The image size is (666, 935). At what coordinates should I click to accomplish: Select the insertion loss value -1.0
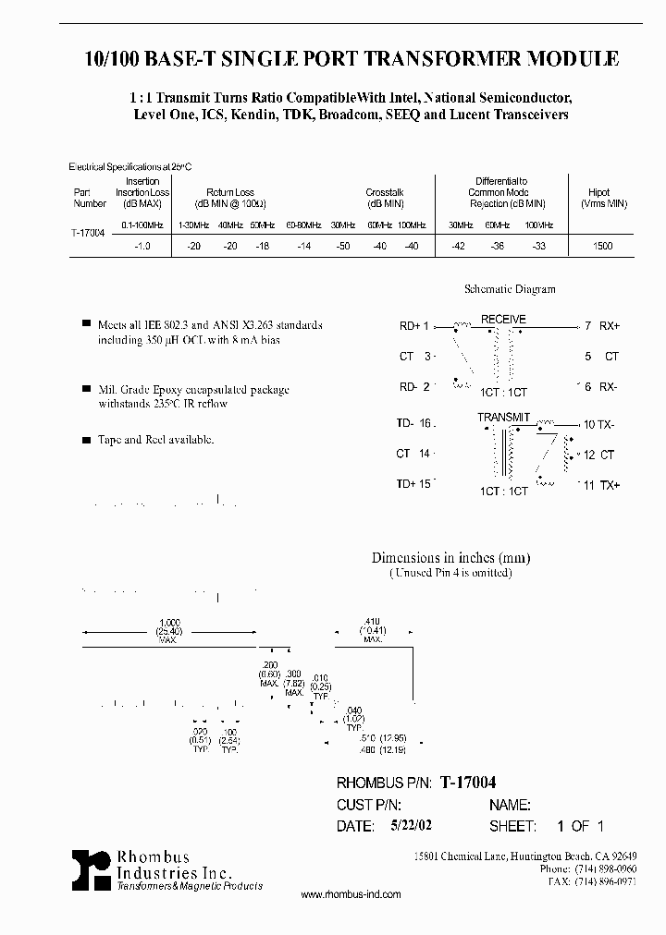[142, 247]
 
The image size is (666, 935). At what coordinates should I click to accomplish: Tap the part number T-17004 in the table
[88, 235]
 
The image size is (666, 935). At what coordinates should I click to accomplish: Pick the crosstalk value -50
[343, 247]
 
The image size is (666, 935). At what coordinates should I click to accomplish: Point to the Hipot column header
[599, 198]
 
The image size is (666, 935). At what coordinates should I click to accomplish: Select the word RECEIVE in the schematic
[502, 320]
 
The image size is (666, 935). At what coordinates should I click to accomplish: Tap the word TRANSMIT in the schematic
[503, 418]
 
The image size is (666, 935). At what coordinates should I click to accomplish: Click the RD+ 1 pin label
[413, 326]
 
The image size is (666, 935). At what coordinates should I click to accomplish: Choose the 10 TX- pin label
[600, 424]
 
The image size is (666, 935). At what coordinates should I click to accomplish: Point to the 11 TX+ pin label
[600, 485]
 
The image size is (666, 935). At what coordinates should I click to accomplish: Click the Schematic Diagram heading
[509, 289]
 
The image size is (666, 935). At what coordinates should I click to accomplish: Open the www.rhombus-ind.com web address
[351, 894]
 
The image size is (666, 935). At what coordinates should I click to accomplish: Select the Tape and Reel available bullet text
[155, 440]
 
